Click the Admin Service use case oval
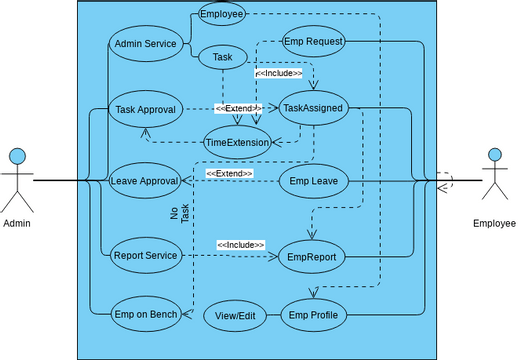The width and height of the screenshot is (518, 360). coord(145,44)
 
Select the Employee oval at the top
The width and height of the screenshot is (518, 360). coord(220,14)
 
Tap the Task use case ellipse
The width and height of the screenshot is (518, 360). coord(223,58)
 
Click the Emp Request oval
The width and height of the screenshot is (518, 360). coord(314,42)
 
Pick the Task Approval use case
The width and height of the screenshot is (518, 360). coord(145,109)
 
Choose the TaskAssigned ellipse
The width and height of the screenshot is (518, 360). coord(313,107)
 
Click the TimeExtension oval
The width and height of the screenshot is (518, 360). coord(237,142)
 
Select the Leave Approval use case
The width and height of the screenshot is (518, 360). coord(145,181)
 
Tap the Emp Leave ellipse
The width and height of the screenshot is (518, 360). coord(313,181)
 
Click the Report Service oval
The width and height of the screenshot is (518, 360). coord(145,255)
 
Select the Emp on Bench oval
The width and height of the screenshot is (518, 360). coord(145,315)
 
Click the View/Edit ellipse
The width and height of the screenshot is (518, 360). coord(236,316)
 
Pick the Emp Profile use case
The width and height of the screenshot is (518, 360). coord(313,316)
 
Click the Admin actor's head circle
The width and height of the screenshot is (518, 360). coord(17,156)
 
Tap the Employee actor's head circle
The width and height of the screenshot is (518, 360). coord(493,156)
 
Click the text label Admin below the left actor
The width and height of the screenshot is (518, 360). coord(17,223)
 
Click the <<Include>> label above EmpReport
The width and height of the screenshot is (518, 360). coord(241,245)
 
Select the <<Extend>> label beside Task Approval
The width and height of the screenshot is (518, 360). coord(239,108)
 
